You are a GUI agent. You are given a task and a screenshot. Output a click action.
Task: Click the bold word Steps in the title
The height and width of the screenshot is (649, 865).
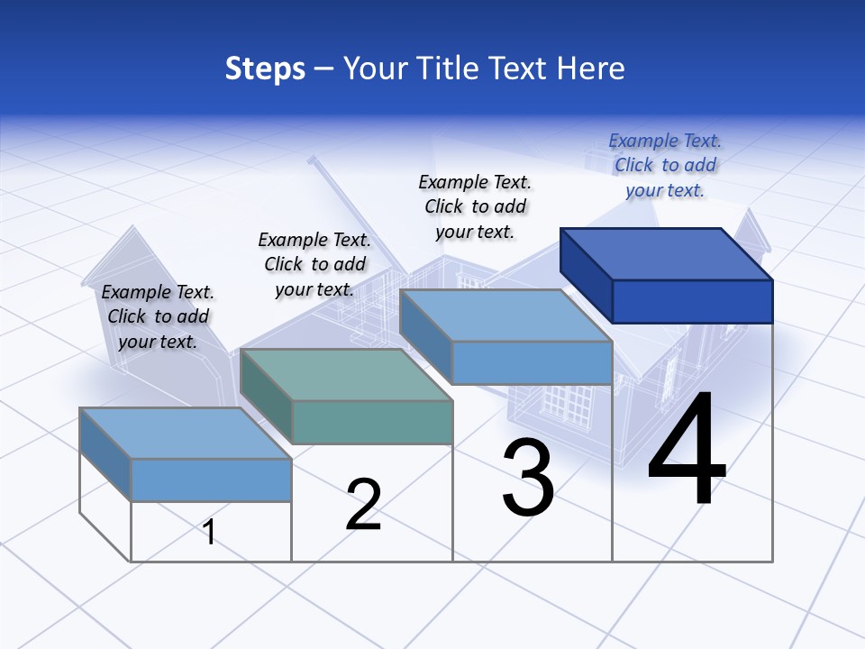click(x=265, y=69)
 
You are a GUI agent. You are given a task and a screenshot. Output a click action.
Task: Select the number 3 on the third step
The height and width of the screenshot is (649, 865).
click(x=528, y=478)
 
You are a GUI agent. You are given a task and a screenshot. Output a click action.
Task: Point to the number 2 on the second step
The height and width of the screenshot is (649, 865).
click(x=363, y=505)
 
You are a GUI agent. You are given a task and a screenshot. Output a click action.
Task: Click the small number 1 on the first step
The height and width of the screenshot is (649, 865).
click(x=209, y=532)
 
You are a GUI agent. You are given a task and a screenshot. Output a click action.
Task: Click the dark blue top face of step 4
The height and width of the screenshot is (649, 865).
click(x=666, y=254)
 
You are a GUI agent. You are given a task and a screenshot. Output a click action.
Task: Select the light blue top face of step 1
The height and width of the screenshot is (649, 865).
click(x=185, y=433)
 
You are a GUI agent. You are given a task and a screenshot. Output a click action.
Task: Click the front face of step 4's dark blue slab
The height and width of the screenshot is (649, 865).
click(x=692, y=301)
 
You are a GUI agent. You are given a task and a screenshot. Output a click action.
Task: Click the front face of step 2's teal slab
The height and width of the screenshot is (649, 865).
click(x=372, y=422)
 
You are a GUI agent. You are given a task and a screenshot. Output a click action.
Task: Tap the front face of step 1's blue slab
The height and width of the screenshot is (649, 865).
click(x=211, y=480)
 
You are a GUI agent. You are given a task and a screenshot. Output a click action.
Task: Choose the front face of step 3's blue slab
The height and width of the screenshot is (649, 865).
click(x=532, y=362)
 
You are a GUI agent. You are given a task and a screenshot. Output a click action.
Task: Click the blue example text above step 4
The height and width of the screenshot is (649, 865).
click(x=665, y=165)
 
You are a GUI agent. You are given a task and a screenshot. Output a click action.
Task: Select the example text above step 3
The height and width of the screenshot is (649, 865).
click(x=475, y=206)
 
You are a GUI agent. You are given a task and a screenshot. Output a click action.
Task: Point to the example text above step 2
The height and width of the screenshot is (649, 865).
click(x=314, y=264)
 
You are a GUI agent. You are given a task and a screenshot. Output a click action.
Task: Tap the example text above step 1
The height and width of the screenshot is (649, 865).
click(x=158, y=316)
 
